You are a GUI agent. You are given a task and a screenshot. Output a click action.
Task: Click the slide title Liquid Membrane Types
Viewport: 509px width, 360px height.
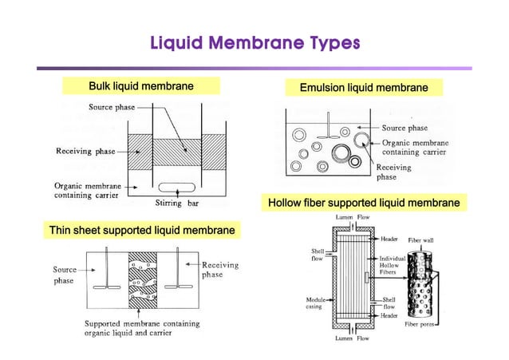254,42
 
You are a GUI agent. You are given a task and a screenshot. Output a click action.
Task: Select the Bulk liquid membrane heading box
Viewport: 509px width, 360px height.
141,85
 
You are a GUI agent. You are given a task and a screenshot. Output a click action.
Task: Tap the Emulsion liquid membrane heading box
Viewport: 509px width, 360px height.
363,87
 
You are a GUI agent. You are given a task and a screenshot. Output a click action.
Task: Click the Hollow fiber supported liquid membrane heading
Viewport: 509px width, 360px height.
364,203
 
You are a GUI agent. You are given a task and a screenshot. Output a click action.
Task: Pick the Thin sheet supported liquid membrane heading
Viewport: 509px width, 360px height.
143,231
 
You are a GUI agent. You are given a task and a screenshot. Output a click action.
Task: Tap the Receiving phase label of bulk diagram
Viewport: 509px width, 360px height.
85,152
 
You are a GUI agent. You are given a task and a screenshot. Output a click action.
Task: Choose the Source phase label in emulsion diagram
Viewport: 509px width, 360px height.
404,128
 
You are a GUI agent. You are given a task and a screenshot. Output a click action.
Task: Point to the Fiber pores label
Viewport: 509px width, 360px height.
420,324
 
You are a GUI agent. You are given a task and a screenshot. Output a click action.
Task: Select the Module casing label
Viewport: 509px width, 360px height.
314,303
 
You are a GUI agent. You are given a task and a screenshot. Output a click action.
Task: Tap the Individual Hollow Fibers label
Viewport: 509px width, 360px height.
393,266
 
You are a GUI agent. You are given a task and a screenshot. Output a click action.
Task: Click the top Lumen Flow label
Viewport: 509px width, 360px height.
352,216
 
